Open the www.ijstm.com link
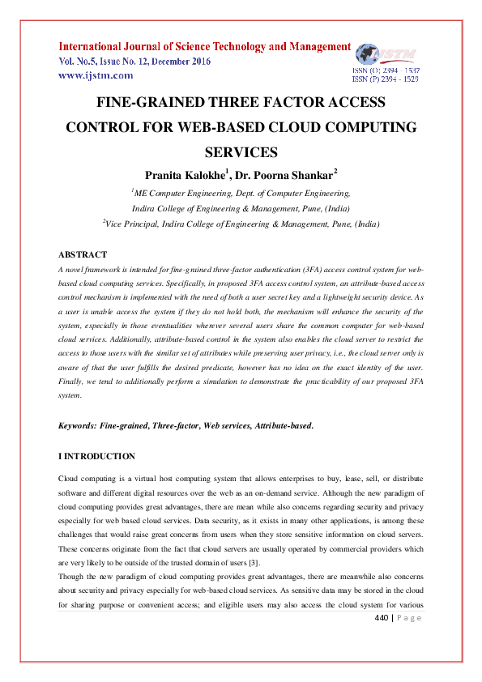(96, 75)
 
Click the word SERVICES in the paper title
(241, 152)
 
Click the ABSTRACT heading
(83, 254)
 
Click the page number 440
(382, 619)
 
